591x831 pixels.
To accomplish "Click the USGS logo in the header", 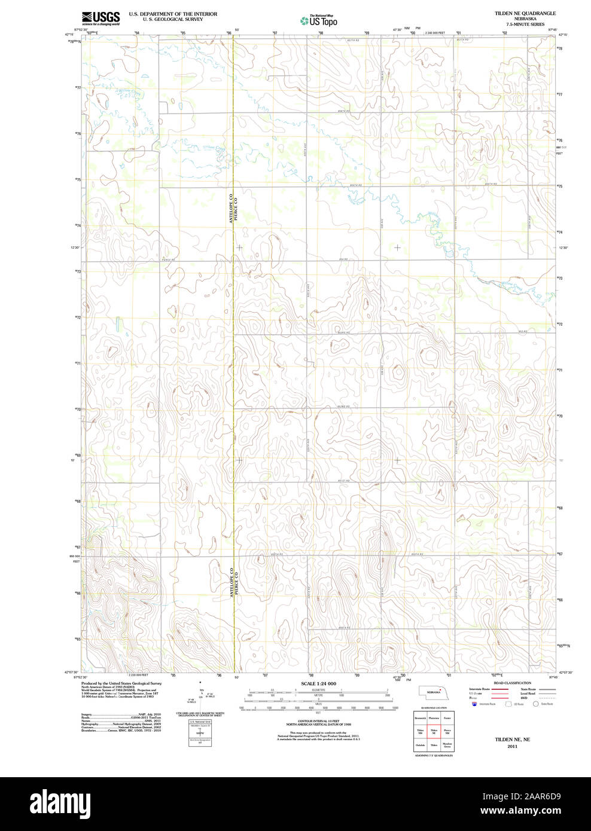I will click(x=100, y=17).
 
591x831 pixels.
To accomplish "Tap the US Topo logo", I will click(x=318, y=21).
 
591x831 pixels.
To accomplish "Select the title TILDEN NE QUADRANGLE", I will click(x=525, y=13).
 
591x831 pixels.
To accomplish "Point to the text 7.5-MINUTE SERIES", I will click(x=525, y=25).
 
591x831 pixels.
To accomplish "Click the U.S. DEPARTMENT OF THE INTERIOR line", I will click(x=173, y=13).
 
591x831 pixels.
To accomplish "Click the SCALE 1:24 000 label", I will click(x=318, y=683).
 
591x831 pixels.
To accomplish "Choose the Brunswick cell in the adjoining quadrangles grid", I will click(x=420, y=716).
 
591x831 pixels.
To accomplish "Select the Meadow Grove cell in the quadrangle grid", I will click(x=447, y=745).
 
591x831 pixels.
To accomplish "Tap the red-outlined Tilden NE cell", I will click(x=434, y=731).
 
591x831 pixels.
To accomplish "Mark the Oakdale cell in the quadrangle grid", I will click(x=420, y=745).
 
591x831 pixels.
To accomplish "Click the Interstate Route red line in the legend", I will click(x=499, y=689).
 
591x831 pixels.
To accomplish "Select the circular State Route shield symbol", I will click(x=536, y=704).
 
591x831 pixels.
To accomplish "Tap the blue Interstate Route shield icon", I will click(x=474, y=704).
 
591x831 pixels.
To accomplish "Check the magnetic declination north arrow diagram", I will click(x=200, y=693).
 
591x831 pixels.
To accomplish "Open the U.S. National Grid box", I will click(x=200, y=733).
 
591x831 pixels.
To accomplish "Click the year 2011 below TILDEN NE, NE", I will click(x=512, y=746).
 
